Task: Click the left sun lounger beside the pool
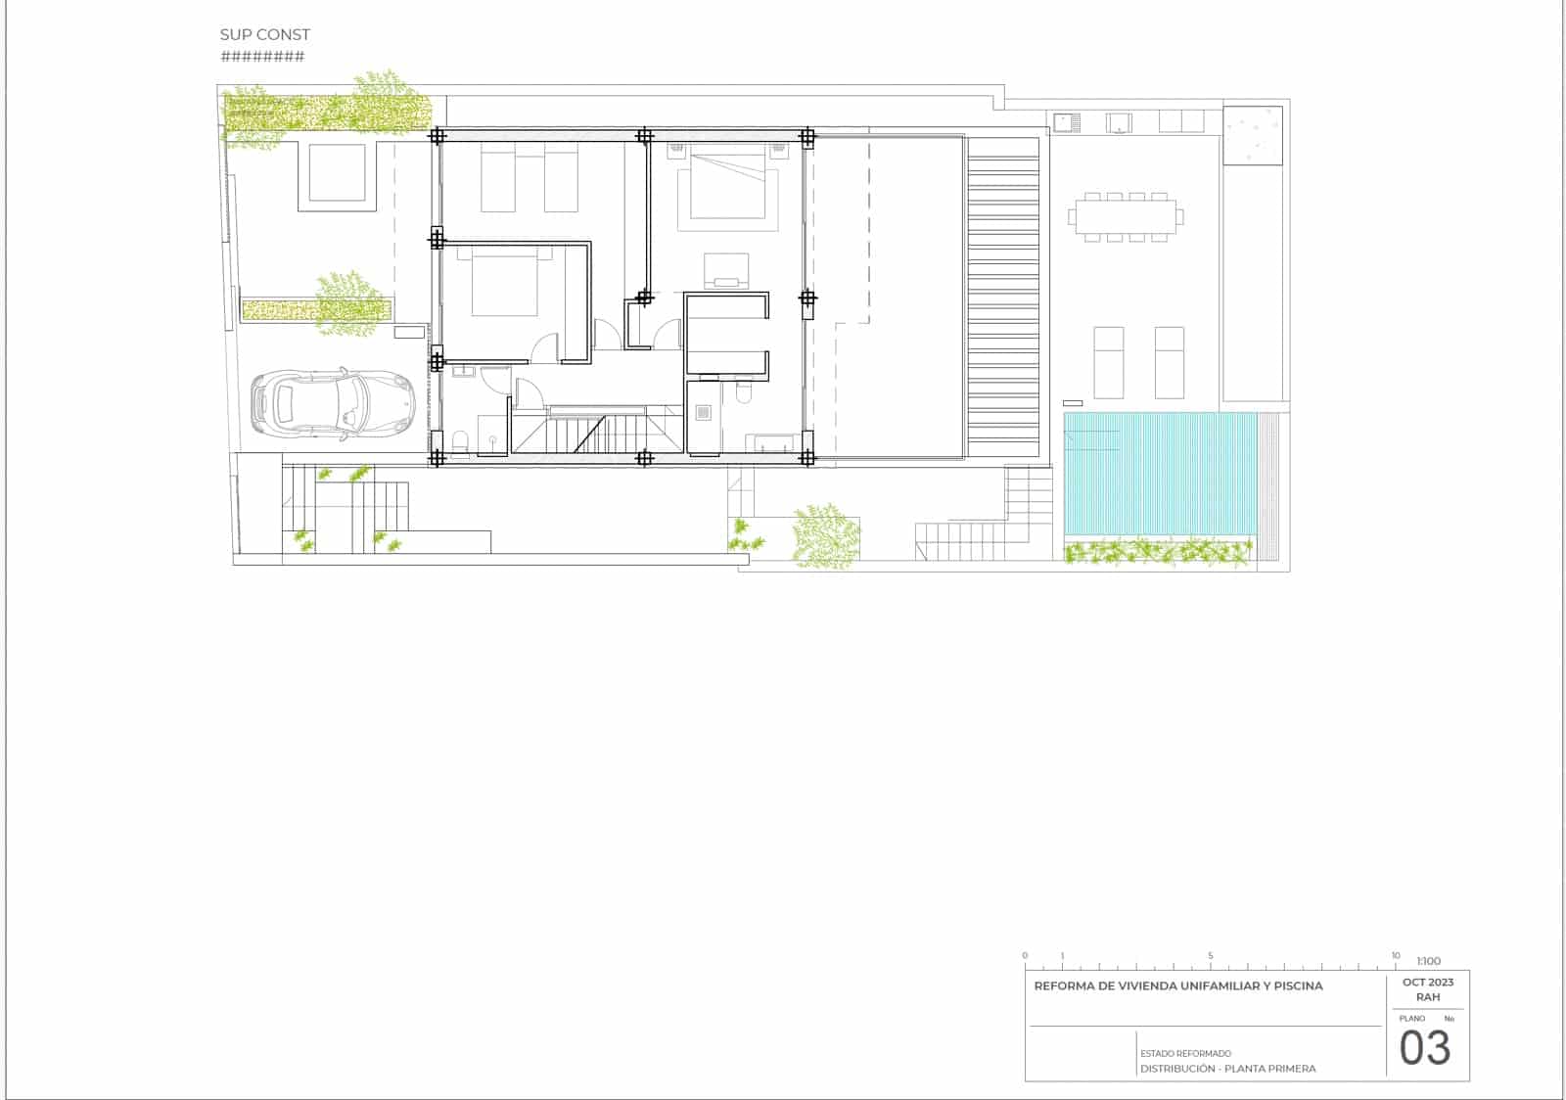[x=1108, y=362]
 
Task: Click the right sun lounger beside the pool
[x=1169, y=362]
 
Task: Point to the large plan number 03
[x=1424, y=1048]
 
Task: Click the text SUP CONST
[x=264, y=34]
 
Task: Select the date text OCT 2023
[x=1428, y=982]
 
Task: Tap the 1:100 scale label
[x=1428, y=961]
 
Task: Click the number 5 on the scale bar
[x=1210, y=955]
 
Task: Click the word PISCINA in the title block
[x=1297, y=985]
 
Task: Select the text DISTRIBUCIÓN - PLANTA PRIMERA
[x=1227, y=1069]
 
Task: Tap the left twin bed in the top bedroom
[x=498, y=177]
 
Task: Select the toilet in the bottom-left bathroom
[x=460, y=442]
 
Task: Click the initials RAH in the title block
[x=1428, y=997]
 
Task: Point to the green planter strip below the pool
[x=1158, y=554]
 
